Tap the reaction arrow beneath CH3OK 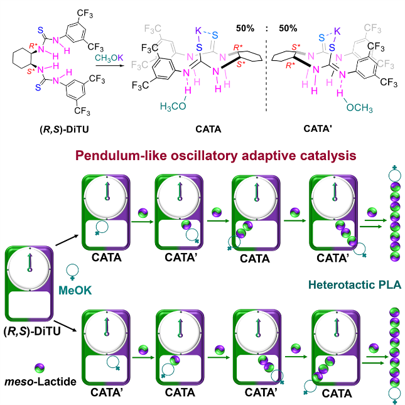coord(109,65)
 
